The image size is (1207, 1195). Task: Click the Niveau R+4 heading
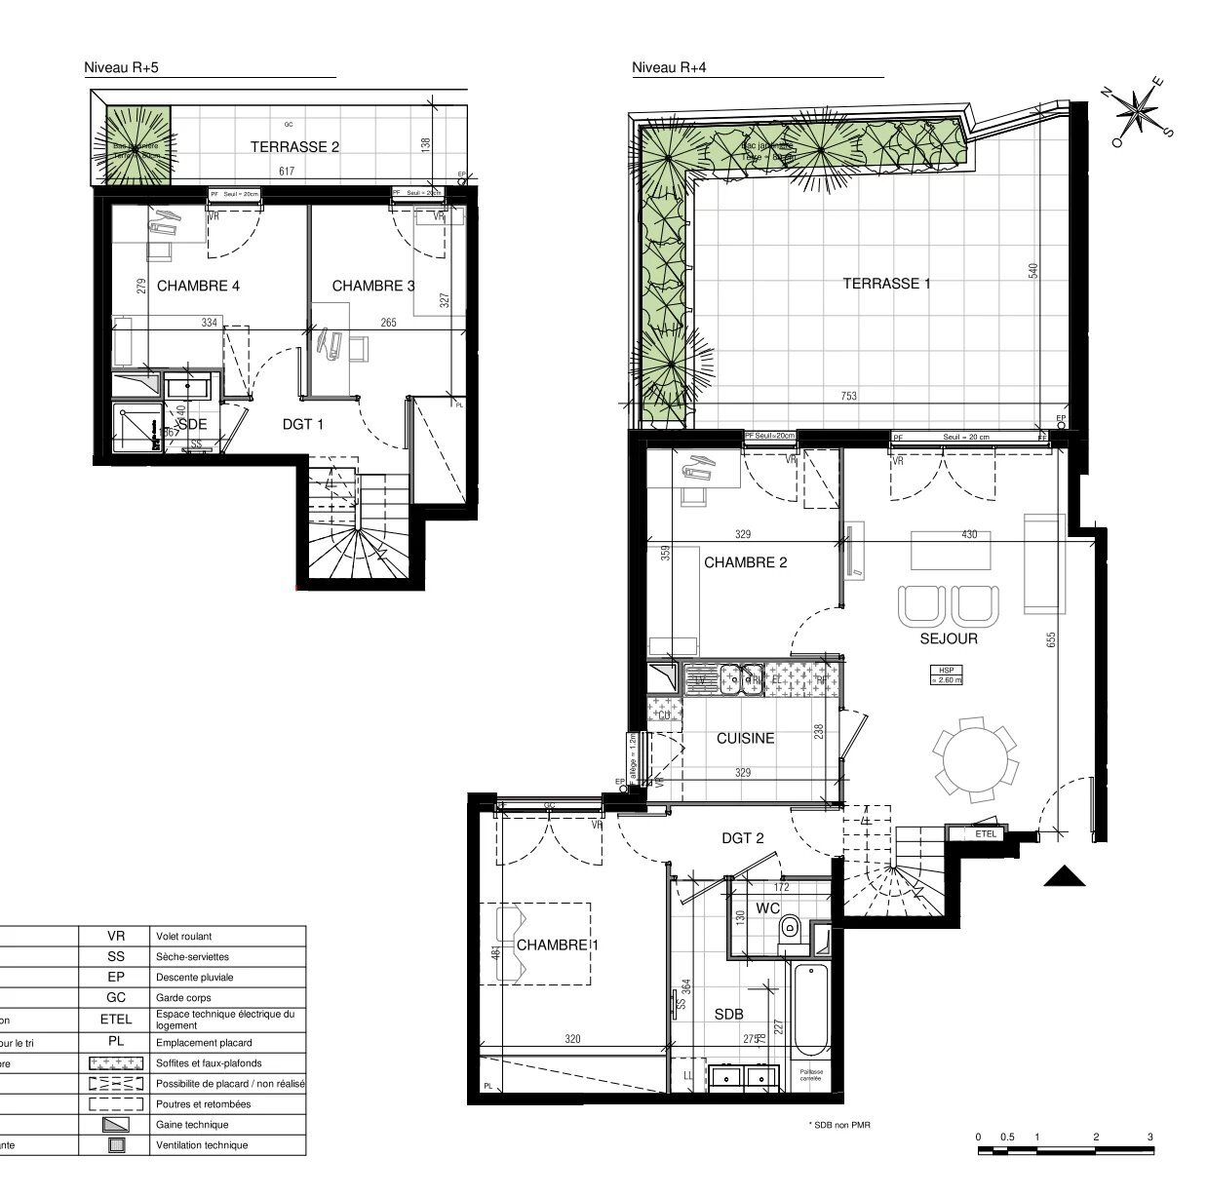coord(668,67)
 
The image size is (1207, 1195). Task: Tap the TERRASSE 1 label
coord(886,284)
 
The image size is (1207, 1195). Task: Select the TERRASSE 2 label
coord(294,147)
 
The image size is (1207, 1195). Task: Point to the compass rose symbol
coord(1137,110)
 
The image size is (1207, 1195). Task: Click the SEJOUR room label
coord(948,639)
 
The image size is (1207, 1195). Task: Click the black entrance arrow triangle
coord(1065,877)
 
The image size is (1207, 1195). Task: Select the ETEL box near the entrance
coord(986,833)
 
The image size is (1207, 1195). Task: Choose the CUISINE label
coord(745,739)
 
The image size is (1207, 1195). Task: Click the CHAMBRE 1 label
coord(557,945)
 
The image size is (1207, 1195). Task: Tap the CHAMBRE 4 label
coord(198,286)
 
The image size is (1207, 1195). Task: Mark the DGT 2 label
coord(742,837)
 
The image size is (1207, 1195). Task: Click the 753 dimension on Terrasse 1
coord(849,396)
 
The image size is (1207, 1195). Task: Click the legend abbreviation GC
coord(116,997)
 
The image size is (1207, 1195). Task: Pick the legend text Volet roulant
coord(183,936)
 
